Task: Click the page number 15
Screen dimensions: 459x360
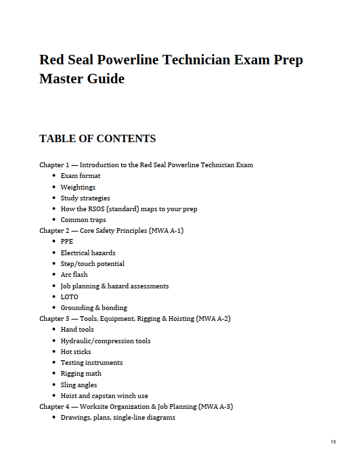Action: [x=333, y=441]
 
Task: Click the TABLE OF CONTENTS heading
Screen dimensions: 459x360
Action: [x=97, y=139]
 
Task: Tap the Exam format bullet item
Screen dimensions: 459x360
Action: [x=81, y=176]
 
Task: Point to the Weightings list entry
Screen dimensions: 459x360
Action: [x=78, y=187]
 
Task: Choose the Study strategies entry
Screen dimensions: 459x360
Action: [x=85, y=198]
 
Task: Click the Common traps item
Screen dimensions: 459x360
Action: [x=83, y=220]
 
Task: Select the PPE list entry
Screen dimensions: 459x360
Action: [x=67, y=242]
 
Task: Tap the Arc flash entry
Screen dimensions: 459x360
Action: [x=74, y=275]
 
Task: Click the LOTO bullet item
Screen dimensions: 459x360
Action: [x=69, y=297]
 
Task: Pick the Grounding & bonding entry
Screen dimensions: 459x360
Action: [x=93, y=308]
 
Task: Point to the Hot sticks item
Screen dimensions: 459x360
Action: [x=76, y=352]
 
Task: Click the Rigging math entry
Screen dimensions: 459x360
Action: [x=81, y=374]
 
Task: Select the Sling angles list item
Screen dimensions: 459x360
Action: [x=78, y=385]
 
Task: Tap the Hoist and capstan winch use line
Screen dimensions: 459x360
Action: [x=104, y=396]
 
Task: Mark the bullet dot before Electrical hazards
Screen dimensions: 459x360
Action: [x=53, y=253]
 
